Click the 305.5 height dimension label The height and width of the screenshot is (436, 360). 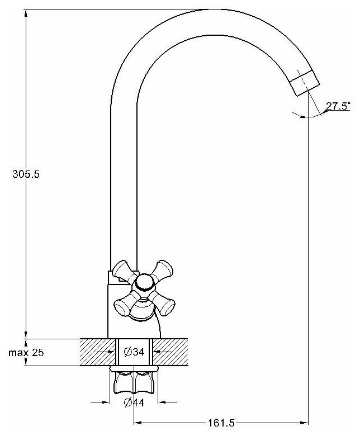click(x=26, y=174)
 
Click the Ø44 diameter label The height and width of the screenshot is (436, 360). click(x=134, y=402)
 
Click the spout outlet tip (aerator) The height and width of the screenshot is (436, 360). click(x=305, y=84)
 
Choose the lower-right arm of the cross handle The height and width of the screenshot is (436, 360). click(x=165, y=305)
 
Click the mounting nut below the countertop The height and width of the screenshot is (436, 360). click(x=134, y=381)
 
